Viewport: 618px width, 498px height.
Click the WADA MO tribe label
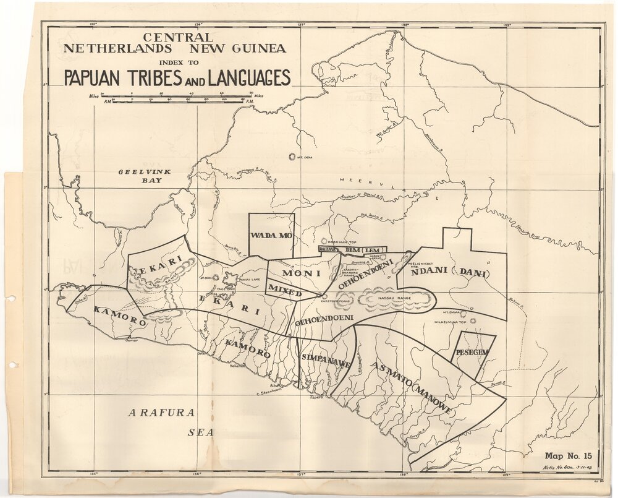tap(271, 236)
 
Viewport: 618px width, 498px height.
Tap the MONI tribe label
tap(300, 272)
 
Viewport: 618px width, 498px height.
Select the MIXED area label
tap(284, 288)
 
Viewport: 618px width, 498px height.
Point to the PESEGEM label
tap(473, 352)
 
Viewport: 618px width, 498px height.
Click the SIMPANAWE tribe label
tap(323, 359)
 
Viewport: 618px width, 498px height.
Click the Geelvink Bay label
tap(141, 176)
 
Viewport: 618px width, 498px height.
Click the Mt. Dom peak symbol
tap(292, 157)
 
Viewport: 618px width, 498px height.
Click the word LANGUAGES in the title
tap(249, 78)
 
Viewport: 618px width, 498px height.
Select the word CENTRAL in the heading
tap(177, 38)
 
